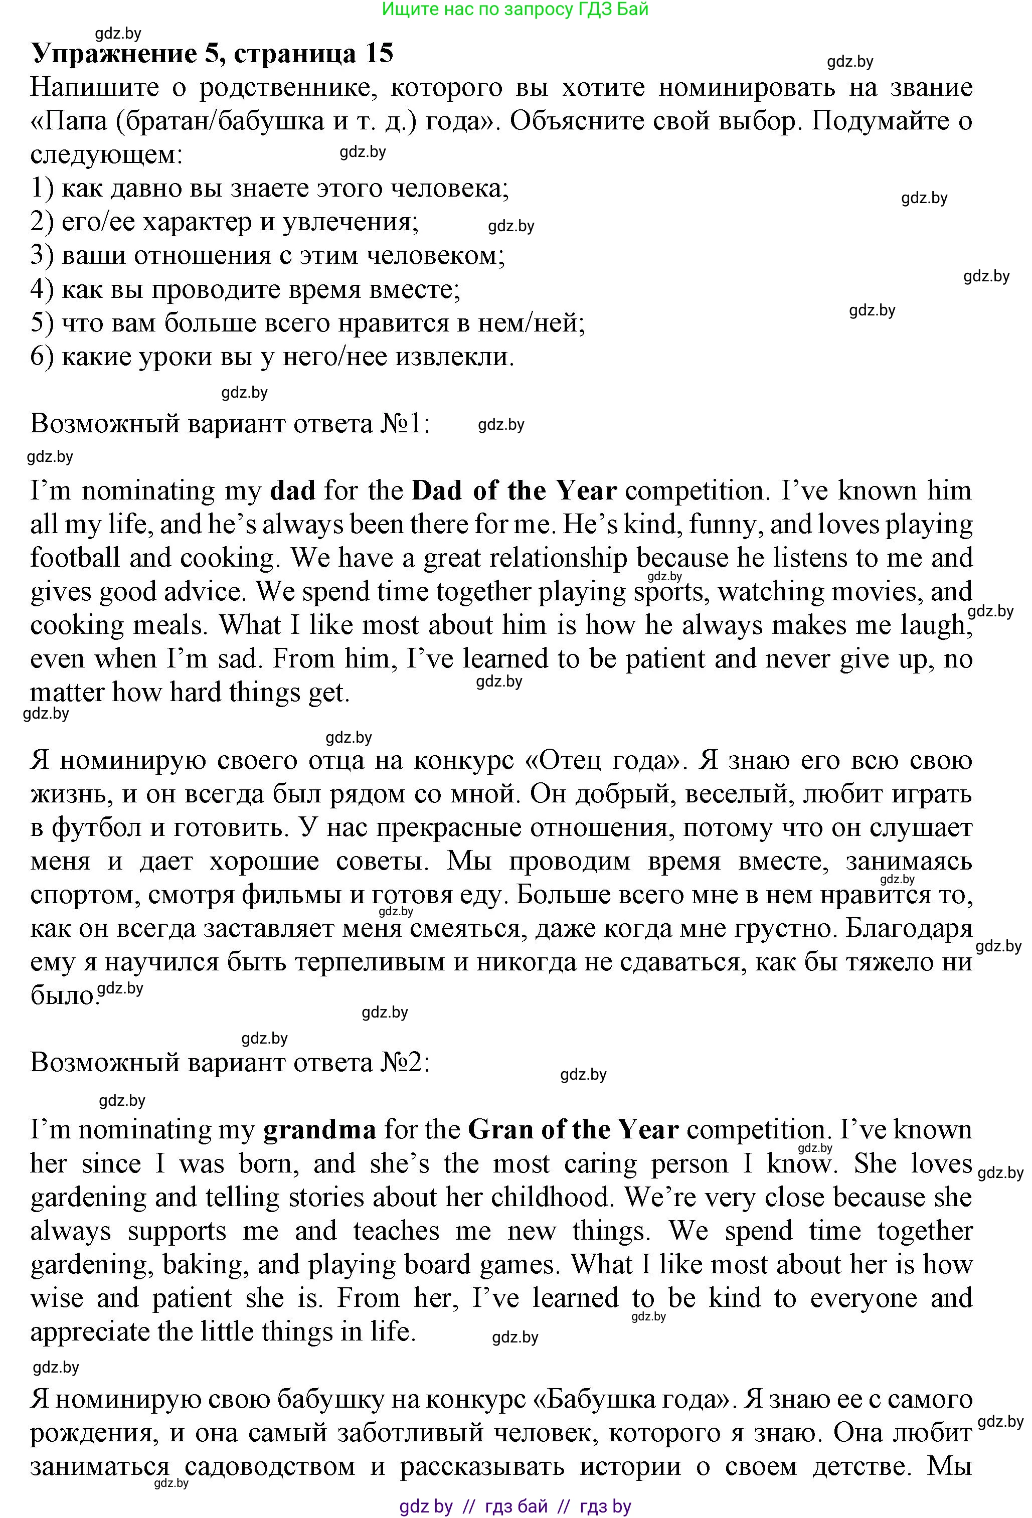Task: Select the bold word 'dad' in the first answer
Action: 293,490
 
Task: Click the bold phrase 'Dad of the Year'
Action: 514,490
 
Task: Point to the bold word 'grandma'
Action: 319,1129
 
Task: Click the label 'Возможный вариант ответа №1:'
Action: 230,424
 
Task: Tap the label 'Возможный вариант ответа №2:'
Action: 230,1063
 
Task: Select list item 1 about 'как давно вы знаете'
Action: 270,189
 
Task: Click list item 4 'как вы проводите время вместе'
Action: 246,289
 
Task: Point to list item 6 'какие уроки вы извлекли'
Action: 272,357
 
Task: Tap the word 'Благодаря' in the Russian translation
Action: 909,928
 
